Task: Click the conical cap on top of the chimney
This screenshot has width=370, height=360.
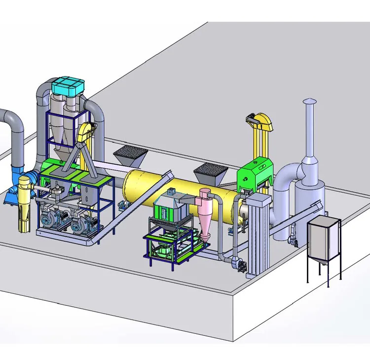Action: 309,102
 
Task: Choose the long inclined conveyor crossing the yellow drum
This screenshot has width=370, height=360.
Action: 138,207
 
